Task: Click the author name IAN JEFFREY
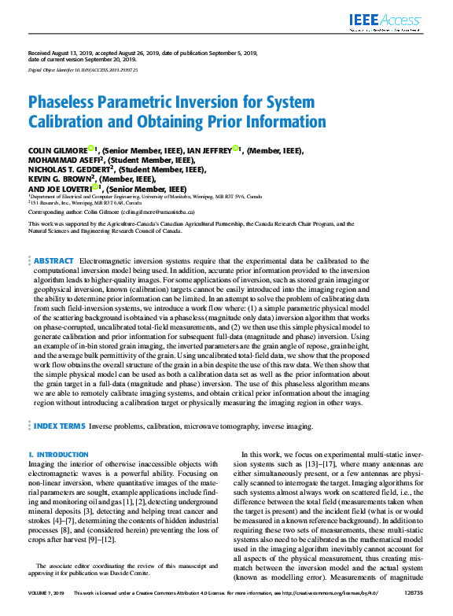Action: (210, 149)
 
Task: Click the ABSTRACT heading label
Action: (54, 260)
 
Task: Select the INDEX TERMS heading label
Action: (60, 426)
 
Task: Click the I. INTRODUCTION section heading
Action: (58, 455)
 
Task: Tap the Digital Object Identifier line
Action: (83, 70)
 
